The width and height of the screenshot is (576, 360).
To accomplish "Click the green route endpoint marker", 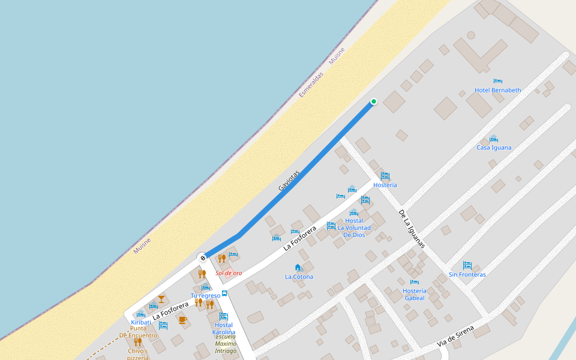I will pos(374,101).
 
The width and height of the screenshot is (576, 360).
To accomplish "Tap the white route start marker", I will pos(203,258).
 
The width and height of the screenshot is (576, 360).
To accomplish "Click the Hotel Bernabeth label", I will pos(497,90).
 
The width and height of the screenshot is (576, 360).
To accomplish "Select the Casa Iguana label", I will pos(494,148).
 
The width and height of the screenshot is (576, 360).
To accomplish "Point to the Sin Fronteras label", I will pos(467,275).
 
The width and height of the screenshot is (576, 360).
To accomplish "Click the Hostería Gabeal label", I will pos(414,294).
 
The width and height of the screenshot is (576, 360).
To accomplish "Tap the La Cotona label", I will pos(299,277).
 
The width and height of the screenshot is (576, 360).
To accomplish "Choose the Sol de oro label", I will pos(229,273).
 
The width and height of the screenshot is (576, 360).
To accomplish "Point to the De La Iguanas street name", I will pos(412,229).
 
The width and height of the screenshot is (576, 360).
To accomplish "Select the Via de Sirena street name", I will pos(456,336).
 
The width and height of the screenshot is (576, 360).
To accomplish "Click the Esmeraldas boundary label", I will pos(311,85).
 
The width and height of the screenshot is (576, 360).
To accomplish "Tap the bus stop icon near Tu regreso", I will pos(224,293).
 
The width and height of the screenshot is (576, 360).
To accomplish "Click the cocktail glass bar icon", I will pos(161,298).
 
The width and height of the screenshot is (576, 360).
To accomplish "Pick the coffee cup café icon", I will pos(182,319).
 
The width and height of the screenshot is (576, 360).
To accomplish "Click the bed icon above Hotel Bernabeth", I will pos(497,81).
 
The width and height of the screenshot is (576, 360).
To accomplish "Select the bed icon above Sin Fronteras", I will pos(467,265).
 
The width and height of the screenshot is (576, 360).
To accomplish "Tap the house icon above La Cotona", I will pos(298,268).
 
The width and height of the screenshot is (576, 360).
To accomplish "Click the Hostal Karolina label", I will pos(224,328).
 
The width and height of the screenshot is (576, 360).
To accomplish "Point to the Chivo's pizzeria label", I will pos(137,354).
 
